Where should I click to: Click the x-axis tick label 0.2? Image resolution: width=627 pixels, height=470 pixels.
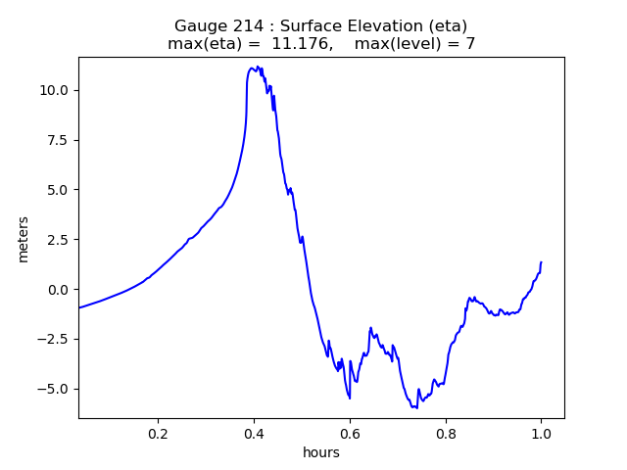click(159, 433)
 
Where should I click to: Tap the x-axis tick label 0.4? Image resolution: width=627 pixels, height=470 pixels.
click(254, 433)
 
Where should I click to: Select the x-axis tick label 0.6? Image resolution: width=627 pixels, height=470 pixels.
click(350, 433)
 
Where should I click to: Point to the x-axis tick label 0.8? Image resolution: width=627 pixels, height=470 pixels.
click(446, 433)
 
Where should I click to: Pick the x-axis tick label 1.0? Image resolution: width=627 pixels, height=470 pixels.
click(541, 433)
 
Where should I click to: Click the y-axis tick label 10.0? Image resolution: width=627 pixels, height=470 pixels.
click(55, 90)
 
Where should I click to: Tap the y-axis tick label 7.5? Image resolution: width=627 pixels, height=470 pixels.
click(59, 140)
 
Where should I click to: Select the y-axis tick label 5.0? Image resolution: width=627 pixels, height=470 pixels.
click(59, 190)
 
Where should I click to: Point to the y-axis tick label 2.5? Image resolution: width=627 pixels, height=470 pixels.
click(59, 240)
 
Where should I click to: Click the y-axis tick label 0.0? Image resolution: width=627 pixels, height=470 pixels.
click(59, 290)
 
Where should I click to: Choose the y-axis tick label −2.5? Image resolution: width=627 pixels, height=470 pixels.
click(55, 339)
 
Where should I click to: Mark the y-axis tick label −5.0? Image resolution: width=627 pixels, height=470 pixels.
click(55, 389)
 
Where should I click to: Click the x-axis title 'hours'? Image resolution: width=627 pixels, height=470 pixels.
click(321, 452)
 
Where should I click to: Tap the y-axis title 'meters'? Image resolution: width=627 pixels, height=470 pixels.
click(24, 239)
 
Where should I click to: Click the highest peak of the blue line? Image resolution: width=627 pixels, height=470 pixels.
click(257, 67)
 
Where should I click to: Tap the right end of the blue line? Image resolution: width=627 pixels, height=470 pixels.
click(541, 262)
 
